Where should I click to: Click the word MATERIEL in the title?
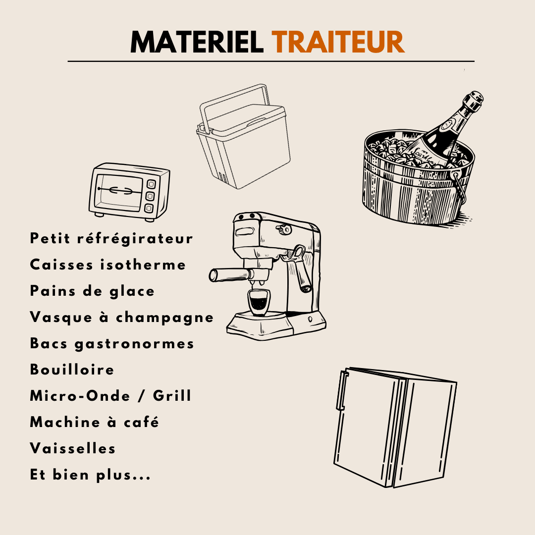point(197,42)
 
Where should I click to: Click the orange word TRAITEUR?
point(338,42)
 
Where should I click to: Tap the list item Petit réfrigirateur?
point(111,238)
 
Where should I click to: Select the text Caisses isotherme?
point(108,265)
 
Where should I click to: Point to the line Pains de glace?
point(92,291)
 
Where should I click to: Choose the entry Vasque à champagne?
point(122,318)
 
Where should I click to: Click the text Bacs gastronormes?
point(112,344)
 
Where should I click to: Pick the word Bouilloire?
point(72,370)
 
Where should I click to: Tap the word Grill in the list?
point(172,396)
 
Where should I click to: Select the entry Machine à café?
point(94,422)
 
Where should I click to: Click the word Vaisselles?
point(73,448)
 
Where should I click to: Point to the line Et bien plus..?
point(90,475)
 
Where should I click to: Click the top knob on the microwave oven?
point(151,184)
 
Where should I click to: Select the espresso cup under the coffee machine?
point(258,302)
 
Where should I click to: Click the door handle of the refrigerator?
point(342,390)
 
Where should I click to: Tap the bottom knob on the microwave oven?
point(149,208)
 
